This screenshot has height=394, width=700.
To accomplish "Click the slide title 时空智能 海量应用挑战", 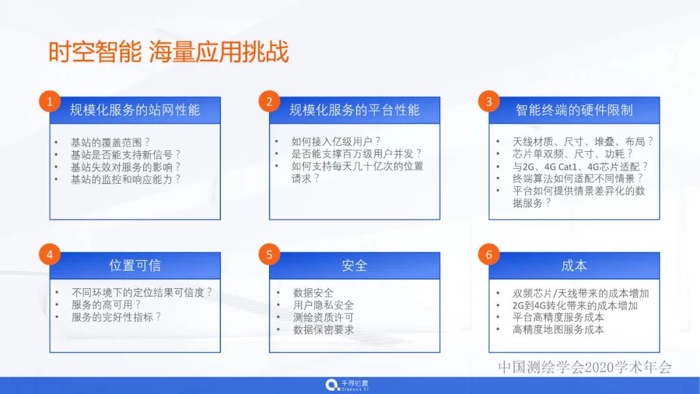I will pyautogui.click(x=169, y=53).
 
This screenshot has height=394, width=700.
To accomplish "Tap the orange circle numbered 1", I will pyautogui.click(x=50, y=101).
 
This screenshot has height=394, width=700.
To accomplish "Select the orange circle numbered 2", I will pyautogui.click(x=269, y=101).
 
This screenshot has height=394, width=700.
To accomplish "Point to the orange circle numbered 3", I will pyautogui.click(x=489, y=101).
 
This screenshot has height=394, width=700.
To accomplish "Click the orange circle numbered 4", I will pyautogui.click(x=50, y=254).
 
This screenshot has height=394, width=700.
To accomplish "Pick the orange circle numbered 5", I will pyautogui.click(x=269, y=254).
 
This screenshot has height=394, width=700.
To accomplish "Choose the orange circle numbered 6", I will pyautogui.click(x=489, y=254).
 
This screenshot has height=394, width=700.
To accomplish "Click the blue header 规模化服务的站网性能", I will pyautogui.click(x=135, y=110).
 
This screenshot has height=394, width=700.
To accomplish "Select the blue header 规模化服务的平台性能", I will pyautogui.click(x=355, y=110).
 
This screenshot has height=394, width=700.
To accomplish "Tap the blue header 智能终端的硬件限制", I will pyautogui.click(x=574, y=110).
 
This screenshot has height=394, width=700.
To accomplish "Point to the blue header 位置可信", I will pyautogui.click(x=135, y=265).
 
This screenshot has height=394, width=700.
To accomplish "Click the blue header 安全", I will pyautogui.click(x=355, y=265).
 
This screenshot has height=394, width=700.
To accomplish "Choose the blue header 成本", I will pyautogui.click(x=574, y=265).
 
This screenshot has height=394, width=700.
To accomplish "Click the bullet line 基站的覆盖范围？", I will pyautogui.click(x=110, y=142).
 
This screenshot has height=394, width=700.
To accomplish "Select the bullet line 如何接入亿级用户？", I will pyautogui.click(x=336, y=142).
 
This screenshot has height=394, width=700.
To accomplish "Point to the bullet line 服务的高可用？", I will pyautogui.click(x=106, y=304).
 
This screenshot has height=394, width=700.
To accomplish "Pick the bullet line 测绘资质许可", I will pyautogui.click(x=323, y=317).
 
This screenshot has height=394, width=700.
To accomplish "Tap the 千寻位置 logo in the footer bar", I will pyautogui.click(x=347, y=385).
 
